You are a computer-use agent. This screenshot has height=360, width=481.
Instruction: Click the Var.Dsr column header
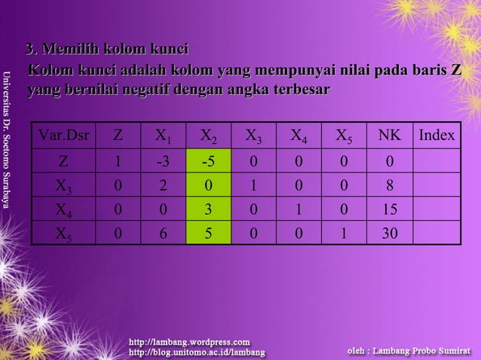coord(63,136)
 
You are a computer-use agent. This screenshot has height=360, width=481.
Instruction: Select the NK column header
coord(390,136)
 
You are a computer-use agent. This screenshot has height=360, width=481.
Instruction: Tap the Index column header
coord(437,136)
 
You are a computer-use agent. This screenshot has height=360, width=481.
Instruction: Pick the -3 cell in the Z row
coord(162,160)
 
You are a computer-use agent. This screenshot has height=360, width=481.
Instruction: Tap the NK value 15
coord(390,209)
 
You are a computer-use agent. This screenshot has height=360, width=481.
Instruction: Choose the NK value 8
coord(390,185)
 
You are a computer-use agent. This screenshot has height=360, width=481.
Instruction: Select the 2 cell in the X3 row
coord(162,185)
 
